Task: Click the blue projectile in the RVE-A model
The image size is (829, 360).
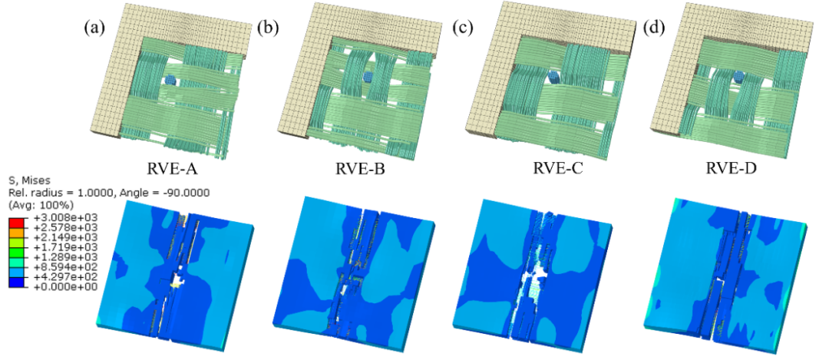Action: [x=169, y=80]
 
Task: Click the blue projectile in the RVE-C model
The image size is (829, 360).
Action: [x=553, y=75]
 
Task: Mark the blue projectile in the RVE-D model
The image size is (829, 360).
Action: [x=739, y=76]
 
